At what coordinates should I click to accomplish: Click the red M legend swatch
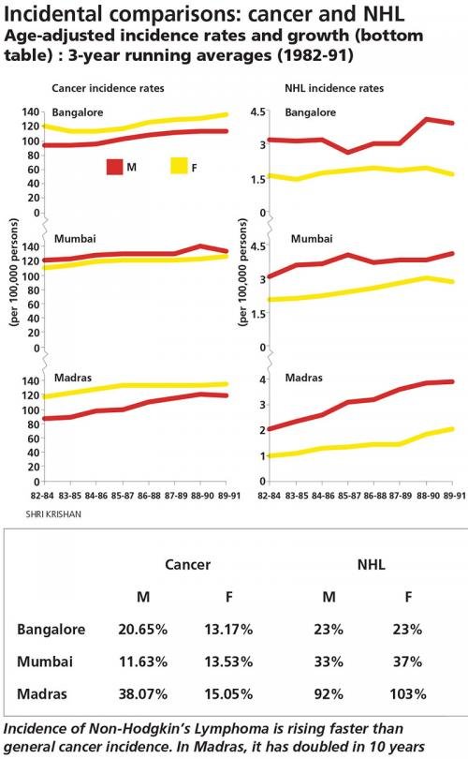pos(114,166)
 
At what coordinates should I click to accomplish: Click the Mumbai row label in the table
pos(45,662)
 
